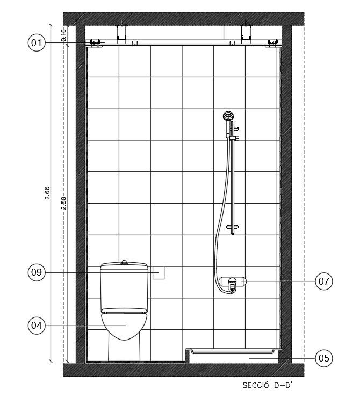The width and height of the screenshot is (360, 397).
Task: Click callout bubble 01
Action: pos(36,42)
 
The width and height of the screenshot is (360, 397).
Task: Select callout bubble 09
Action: pos(36,272)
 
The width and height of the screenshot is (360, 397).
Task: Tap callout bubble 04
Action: pos(36,325)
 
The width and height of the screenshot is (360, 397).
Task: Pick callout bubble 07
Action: pos(324,280)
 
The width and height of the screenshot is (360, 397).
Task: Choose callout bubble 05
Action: pos(324,357)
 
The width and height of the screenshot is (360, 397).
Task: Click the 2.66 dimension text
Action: pos(48,193)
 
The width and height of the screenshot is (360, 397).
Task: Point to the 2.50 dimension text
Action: pos(63,203)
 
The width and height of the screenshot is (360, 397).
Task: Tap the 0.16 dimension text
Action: pos(63,35)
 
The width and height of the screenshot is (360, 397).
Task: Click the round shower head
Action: pos(228,116)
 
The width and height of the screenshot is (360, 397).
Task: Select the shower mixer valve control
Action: pos(232,283)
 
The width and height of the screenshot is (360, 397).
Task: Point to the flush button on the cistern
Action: pos(124,262)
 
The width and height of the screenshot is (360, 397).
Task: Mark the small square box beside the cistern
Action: pos(158,273)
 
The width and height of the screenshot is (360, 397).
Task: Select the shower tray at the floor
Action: pos(234,353)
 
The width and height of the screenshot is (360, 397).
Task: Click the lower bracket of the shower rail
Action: pos(233,227)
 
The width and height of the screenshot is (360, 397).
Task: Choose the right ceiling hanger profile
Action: pos(247,32)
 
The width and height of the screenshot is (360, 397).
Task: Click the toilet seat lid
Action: pos(124,311)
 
